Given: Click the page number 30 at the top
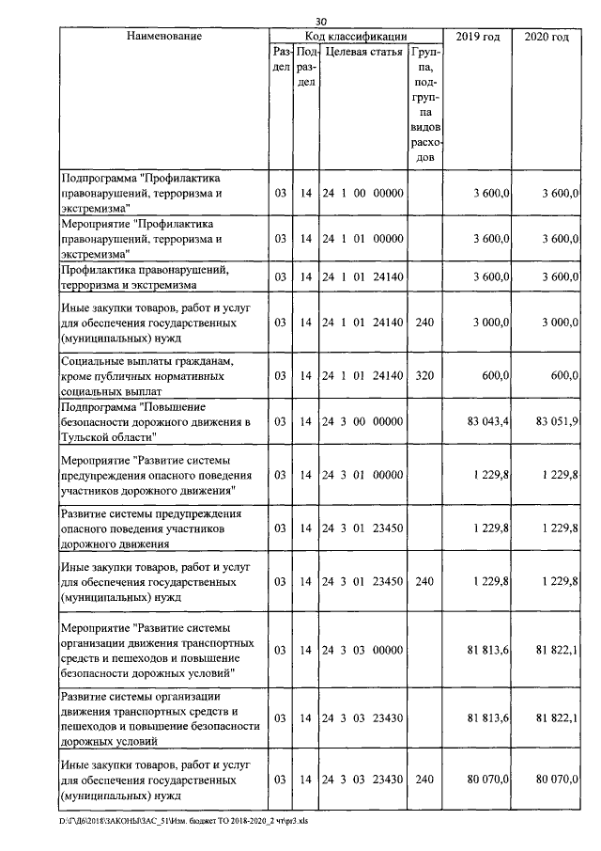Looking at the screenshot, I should (320, 22).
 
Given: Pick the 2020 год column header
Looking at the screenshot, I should (547, 37).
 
